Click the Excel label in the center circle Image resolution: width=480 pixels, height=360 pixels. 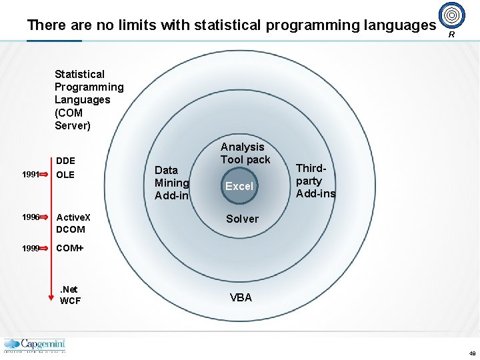(239, 187)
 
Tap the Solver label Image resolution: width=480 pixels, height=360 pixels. (242, 219)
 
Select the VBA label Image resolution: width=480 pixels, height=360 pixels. (241, 297)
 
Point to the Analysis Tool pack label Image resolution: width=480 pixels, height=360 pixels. (245, 153)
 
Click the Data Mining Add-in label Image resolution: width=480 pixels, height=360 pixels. (171, 183)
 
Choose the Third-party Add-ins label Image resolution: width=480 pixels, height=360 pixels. (315, 181)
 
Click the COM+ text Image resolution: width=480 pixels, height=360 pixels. (70, 248)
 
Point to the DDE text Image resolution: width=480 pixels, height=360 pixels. (65, 161)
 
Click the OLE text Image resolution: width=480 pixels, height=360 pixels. (65, 175)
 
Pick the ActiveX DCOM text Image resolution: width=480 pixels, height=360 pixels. (73, 223)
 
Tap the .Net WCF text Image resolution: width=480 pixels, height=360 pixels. (70, 295)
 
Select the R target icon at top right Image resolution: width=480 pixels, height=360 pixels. (451, 15)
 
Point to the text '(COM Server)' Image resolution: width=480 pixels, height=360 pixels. (72, 119)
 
